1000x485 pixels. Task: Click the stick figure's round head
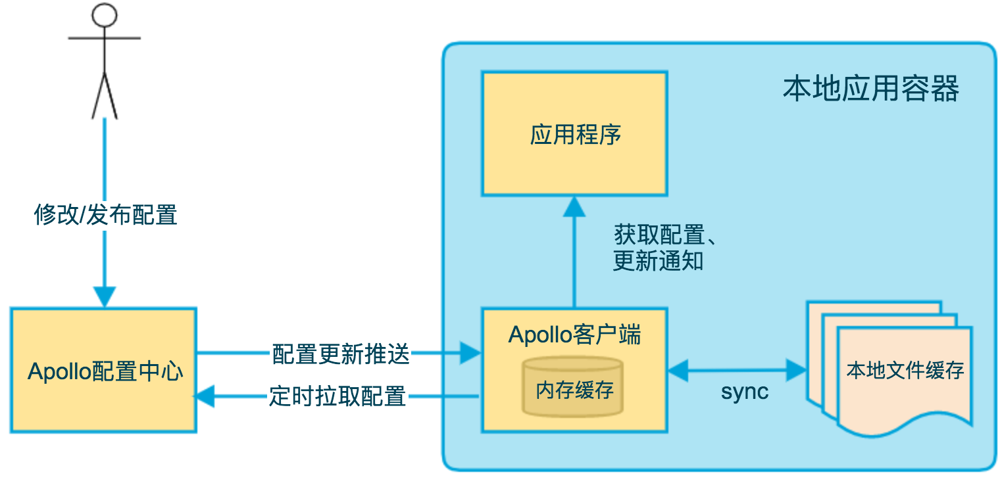pos(105,14)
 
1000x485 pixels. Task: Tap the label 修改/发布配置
pos(105,215)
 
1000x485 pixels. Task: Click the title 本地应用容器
pos(870,89)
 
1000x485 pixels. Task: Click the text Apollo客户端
pos(574,335)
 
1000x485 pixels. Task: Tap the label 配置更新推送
pos(340,355)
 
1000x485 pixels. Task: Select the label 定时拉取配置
pos(337,396)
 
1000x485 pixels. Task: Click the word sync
pos(744,392)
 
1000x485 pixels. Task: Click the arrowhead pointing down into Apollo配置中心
pos(105,297)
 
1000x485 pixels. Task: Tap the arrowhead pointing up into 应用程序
pos(575,207)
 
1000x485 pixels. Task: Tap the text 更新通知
pos(658,261)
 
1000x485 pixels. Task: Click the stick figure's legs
pos(105,95)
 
